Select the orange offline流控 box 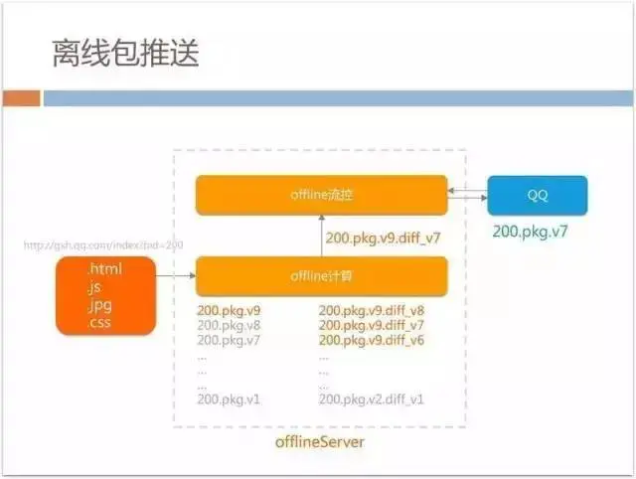coord(321,195)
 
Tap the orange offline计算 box coord(321,275)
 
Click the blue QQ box coord(537,195)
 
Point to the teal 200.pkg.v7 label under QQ coord(537,232)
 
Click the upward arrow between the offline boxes coord(321,236)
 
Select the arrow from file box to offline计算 coord(176,275)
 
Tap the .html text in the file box coord(102,268)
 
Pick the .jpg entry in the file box coord(99,305)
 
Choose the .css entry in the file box coord(99,323)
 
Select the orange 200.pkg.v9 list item coord(229,310)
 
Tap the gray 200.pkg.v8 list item coord(229,325)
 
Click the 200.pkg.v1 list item coord(229,399)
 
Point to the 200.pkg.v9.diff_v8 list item coord(372,310)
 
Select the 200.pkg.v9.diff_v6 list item coord(372,340)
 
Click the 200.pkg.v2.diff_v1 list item coord(372,399)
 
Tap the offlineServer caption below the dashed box coord(320,440)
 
